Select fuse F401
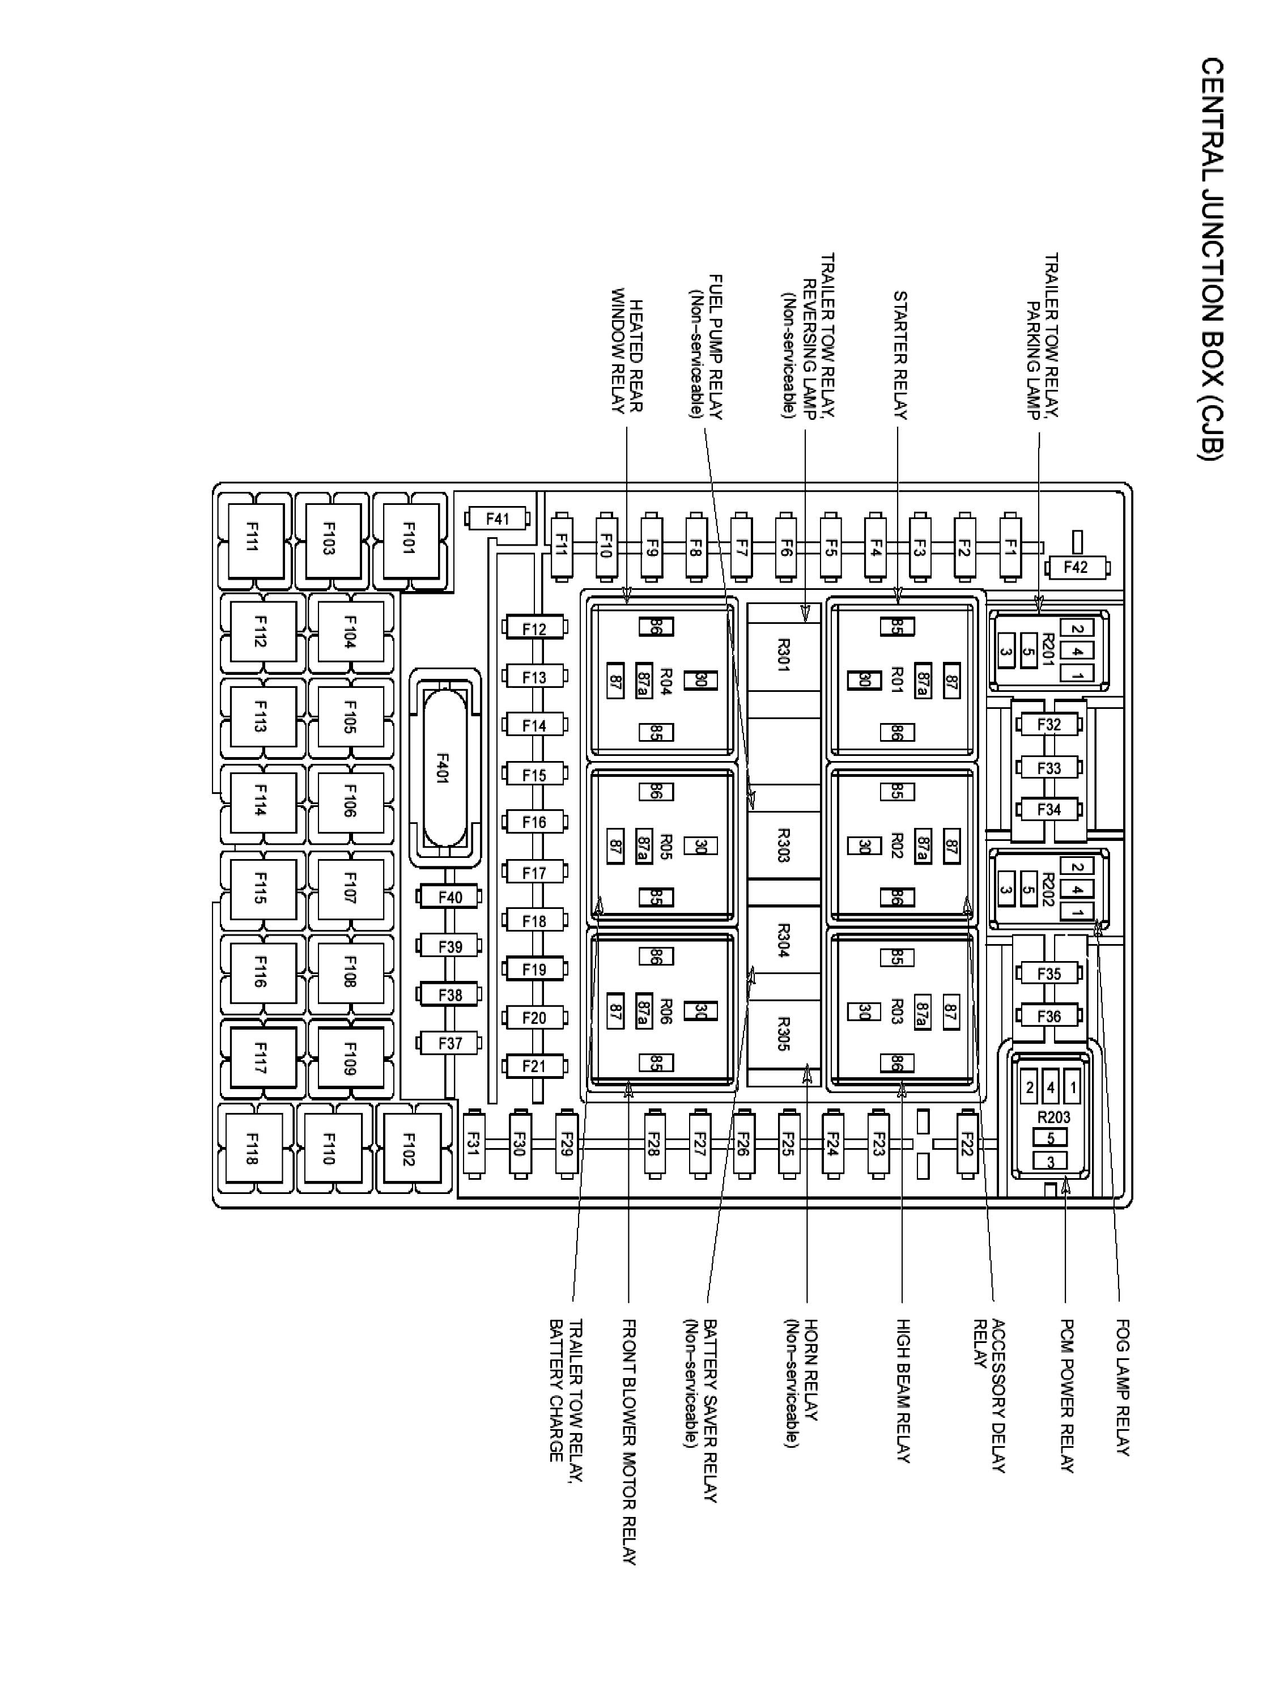(444, 767)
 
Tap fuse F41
(497, 518)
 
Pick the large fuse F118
(251, 1148)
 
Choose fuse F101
(409, 539)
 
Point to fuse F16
(534, 822)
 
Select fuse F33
(1049, 767)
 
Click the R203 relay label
(1053, 1117)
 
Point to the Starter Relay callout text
(900, 355)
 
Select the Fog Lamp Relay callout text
(1123, 1387)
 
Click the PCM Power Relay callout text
(1066, 1395)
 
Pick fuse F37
(449, 1043)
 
